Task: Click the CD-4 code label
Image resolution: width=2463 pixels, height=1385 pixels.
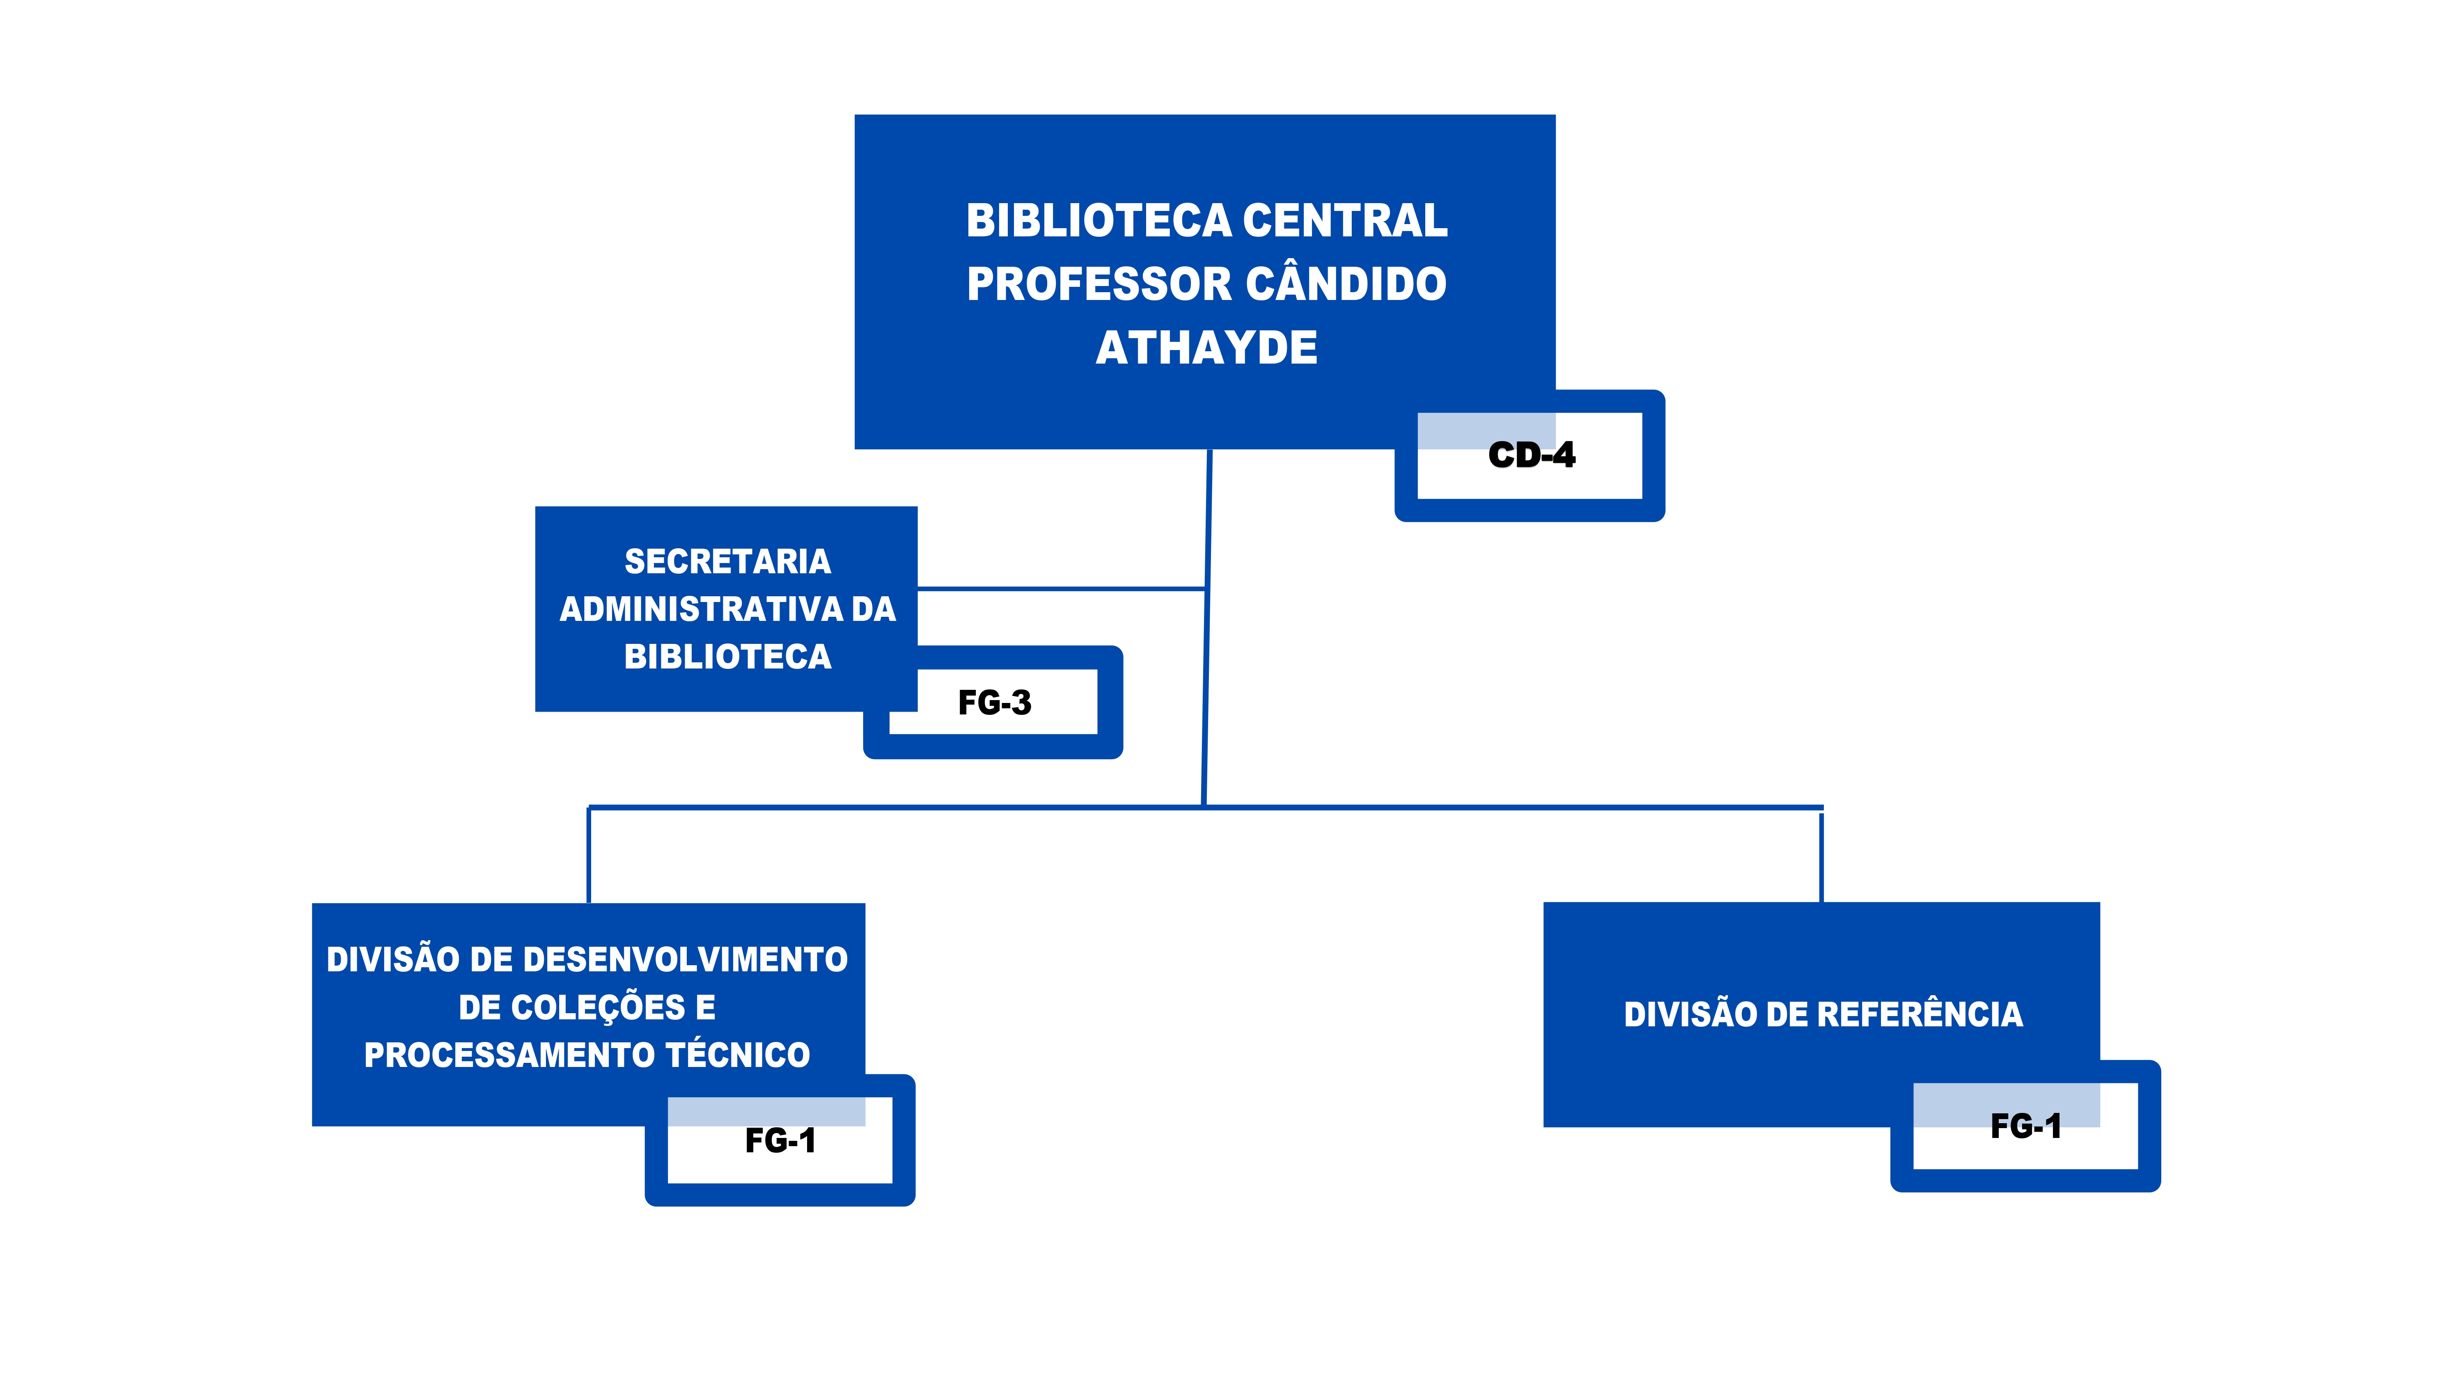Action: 1531,455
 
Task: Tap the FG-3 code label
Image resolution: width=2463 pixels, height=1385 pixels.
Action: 994,703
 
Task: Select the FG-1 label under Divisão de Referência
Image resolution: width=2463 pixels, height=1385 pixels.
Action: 2025,1126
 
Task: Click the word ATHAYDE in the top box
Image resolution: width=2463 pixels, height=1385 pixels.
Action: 1206,347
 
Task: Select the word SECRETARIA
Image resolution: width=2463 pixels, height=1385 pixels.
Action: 728,561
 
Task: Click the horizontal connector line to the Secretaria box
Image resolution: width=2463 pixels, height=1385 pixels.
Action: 1061,589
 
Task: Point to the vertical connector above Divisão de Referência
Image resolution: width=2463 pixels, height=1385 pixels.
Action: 1821,856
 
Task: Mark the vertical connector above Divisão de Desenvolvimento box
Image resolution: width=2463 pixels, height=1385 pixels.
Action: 589,856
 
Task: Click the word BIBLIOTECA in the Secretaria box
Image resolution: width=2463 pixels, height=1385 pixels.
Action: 728,657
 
